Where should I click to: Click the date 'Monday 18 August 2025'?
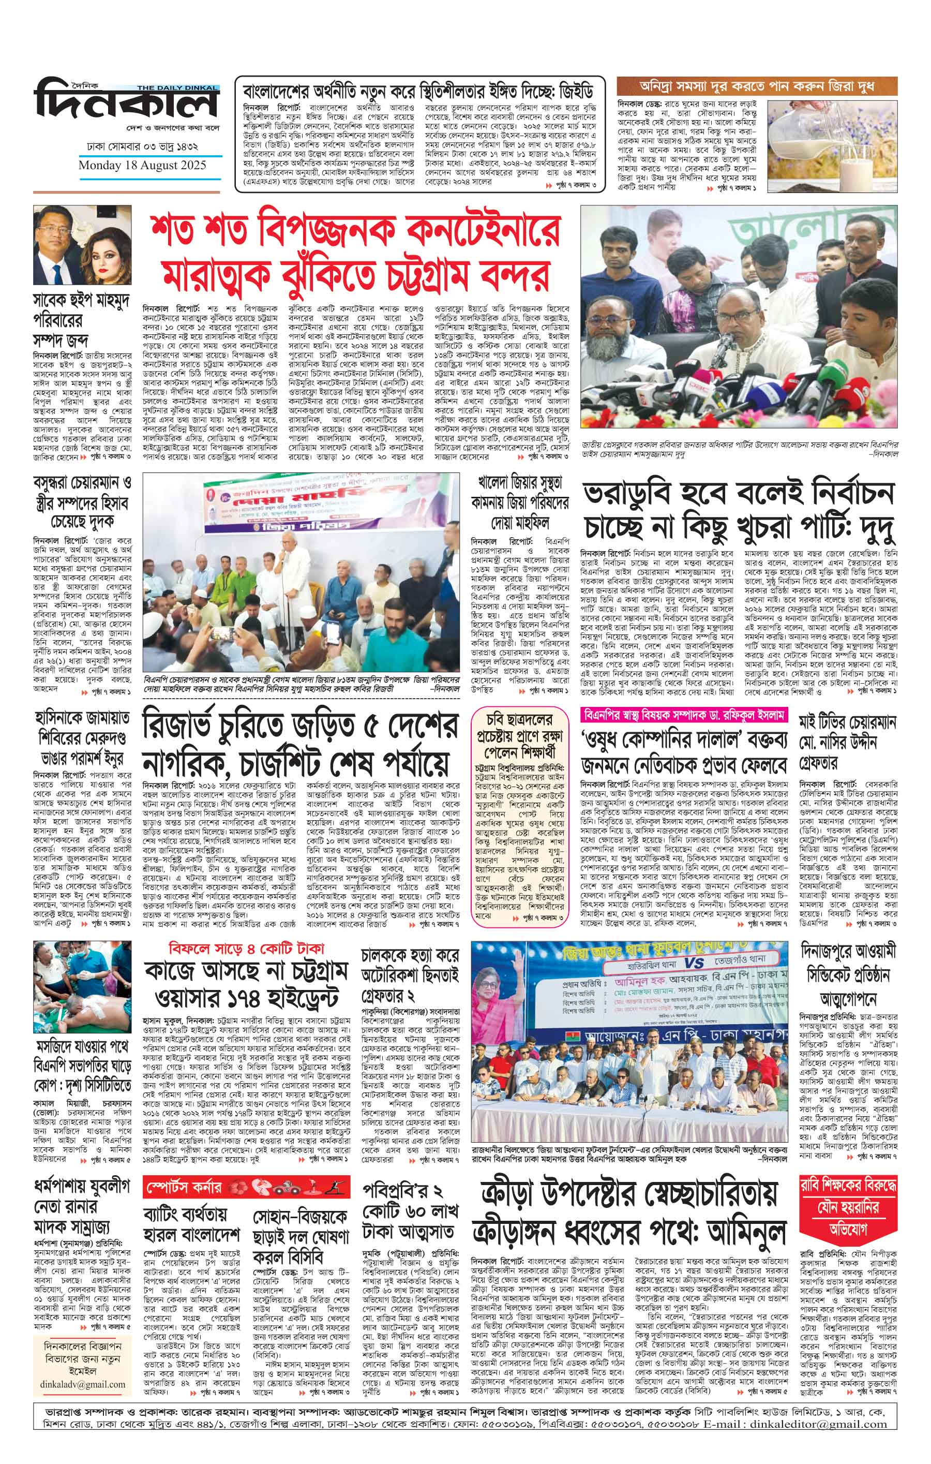pos(142,166)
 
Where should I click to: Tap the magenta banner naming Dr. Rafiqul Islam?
pos(684,714)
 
